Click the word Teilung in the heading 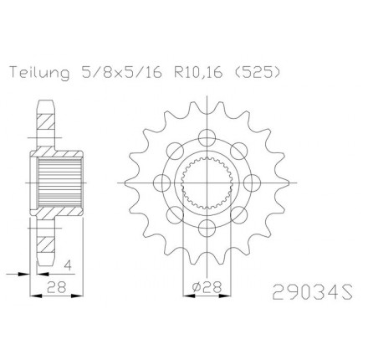point(39,74)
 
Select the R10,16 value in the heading point(198,73)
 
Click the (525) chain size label point(257,73)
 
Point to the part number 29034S point(313,292)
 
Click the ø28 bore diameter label point(207,286)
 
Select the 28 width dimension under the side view point(57,286)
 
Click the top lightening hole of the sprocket point(207,138)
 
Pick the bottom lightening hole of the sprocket point(207,228)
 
